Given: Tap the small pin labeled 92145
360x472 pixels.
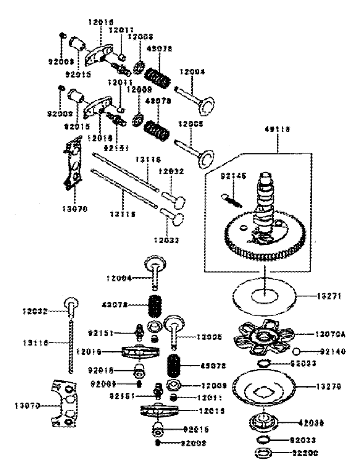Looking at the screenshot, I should (x=231, y=200).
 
